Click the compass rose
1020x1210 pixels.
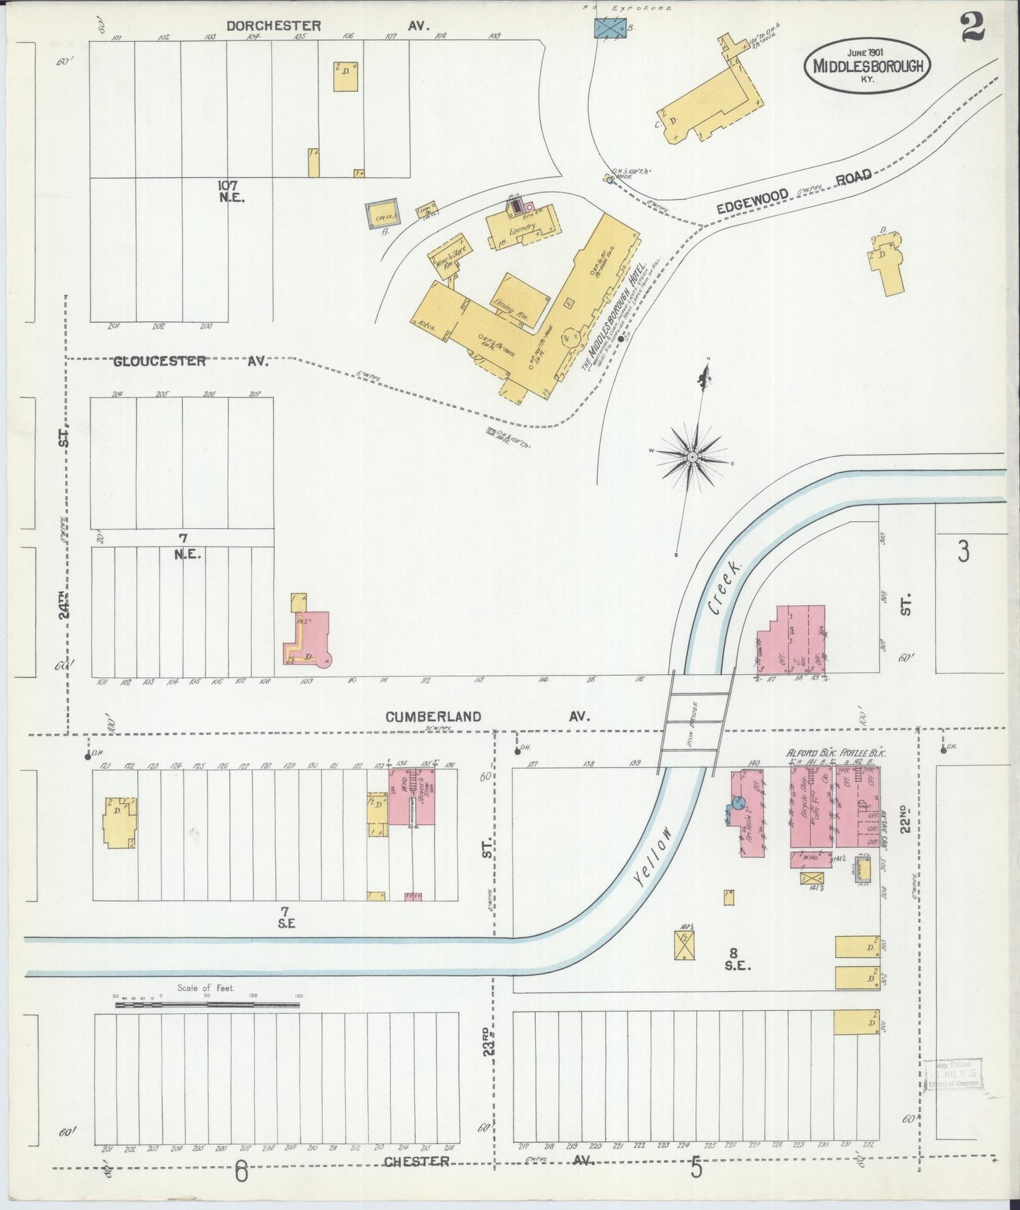pos(692,457)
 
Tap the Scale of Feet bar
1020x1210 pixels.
pos(207,1003)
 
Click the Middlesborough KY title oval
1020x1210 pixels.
pos(868,65)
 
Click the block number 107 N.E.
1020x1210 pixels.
pos(232,191)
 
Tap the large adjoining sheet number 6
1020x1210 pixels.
pos(241,1173)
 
